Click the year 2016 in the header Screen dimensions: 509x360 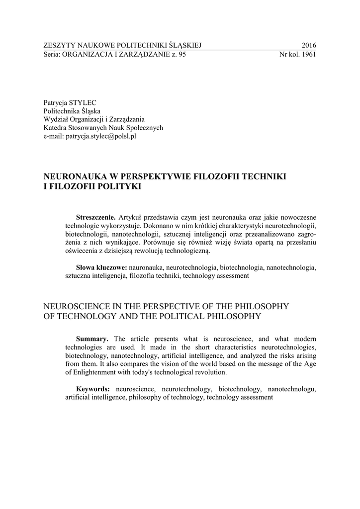point(308,46)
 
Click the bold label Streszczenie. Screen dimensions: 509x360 point(95,218)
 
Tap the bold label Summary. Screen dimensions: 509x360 point(92,339)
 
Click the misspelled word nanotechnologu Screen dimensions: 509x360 point(292,388)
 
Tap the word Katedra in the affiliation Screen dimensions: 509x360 point(55,127)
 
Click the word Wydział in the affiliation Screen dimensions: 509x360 point(56,119)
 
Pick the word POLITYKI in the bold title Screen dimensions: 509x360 point(118,187)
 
